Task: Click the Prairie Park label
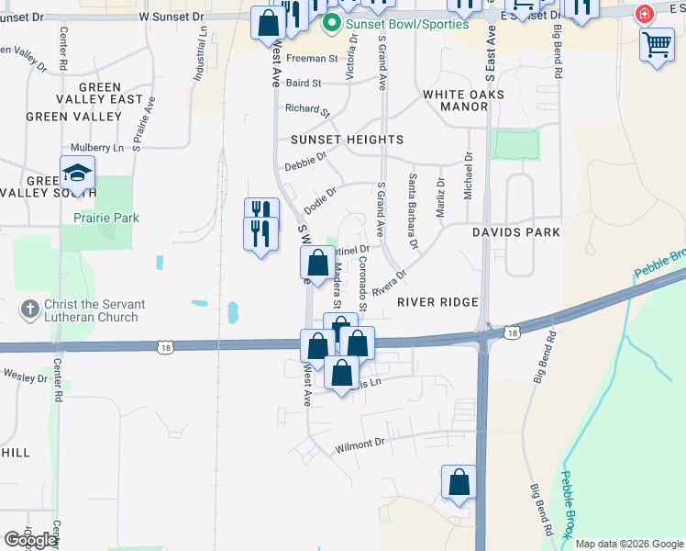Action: (106, 218)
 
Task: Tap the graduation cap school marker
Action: (78, 174)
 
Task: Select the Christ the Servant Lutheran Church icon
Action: (30, 309)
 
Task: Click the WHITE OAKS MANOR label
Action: (455, 100)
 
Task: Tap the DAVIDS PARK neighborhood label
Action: (516, 232)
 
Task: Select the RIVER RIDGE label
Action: (437, 302)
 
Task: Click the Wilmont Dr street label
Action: (360, 444)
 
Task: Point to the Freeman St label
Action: (312, 58)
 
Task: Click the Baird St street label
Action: (304, 83)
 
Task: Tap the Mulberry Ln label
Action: (97, 147)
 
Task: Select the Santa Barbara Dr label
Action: (413, 211)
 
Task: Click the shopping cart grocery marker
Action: (657, 43)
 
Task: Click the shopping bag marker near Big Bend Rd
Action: (459, 482)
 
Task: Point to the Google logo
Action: (29, 540)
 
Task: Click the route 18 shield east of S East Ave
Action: (511, 332)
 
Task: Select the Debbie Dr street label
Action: (305, 162)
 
